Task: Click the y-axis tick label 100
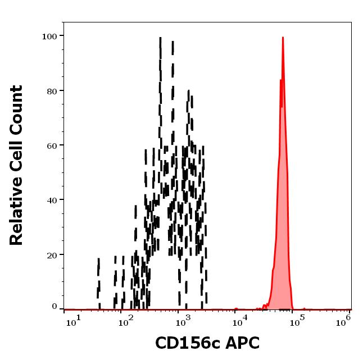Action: click(x=50, y=37)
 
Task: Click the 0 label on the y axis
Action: click(x=55, y=307)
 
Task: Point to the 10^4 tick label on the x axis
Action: click(x=241, y=322)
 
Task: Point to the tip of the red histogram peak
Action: click(x=283, y=38)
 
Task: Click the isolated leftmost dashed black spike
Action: click(x=98, y=284)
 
